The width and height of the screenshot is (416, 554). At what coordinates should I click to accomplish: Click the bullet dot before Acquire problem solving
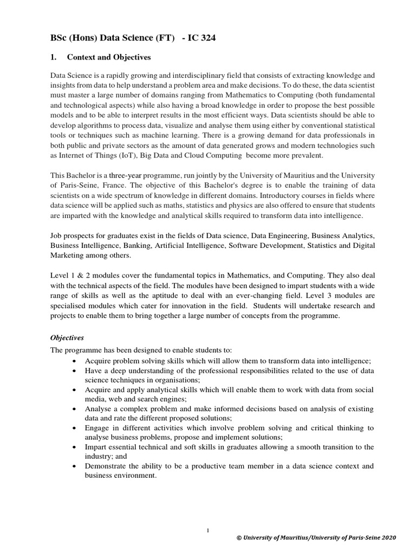74,361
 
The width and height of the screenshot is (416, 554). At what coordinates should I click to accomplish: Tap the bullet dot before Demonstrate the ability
74,465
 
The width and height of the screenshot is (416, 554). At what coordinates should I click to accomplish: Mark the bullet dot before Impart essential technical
74,446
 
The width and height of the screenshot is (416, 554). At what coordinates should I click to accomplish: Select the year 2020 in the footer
388,537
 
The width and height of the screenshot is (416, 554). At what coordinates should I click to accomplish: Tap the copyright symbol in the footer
240,537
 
